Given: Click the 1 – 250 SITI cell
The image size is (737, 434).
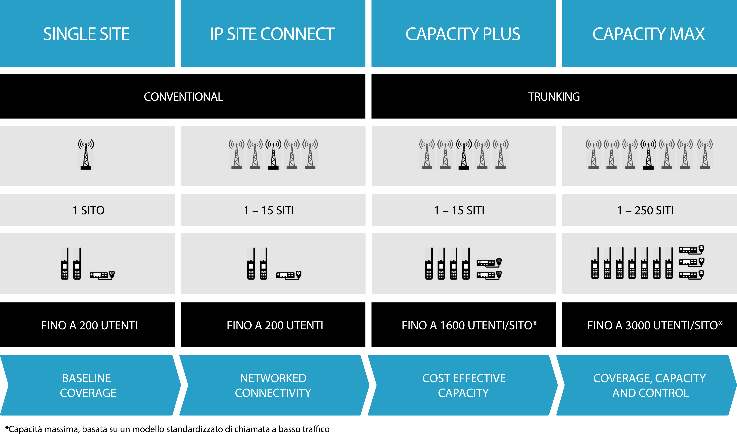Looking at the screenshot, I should [645, 210].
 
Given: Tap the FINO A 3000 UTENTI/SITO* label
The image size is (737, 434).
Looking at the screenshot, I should [655, 325].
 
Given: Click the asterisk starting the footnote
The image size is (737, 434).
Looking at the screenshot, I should [7, 428].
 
